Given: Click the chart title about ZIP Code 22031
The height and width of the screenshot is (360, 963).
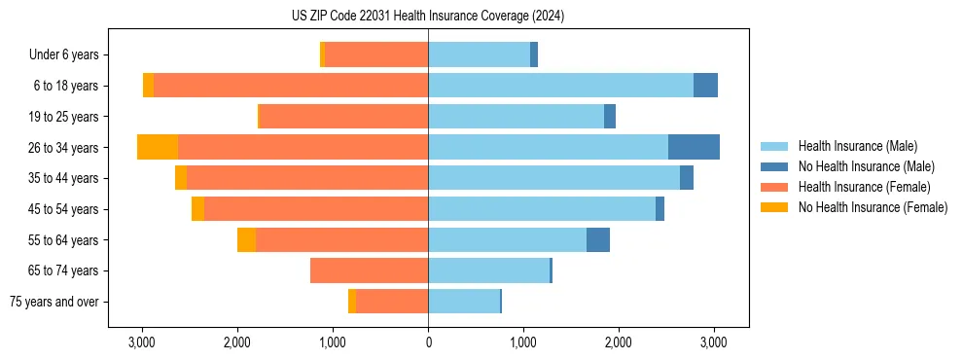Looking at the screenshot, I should (x=428, y=17).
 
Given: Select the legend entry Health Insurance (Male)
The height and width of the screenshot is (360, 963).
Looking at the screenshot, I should (x=857, y=146).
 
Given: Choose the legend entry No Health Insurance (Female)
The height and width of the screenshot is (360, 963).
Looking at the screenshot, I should (x=873, y=207).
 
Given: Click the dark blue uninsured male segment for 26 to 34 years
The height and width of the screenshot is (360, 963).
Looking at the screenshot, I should (x=694, y=147).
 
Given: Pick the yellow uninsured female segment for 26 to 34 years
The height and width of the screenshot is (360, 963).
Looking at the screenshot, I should (x=158, y=147).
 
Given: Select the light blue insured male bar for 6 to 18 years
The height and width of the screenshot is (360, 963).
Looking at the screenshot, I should (x=560, y=86).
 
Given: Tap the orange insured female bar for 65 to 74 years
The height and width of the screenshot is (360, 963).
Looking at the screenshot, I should (x=369, y=270).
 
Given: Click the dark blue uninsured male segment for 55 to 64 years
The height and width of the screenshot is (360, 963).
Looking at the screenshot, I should (x=598, y=240).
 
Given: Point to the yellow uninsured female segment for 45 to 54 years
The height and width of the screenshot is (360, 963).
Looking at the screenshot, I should (x=197, y=209).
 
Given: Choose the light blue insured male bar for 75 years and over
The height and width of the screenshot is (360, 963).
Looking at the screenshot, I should (x=464, y=302).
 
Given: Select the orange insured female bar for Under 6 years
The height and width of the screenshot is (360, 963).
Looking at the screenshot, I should (x=376, y=54).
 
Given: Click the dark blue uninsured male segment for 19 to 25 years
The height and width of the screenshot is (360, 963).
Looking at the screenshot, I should (x=610, y=117).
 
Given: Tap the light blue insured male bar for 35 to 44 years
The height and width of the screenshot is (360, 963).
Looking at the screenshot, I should (x=553, y=178).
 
